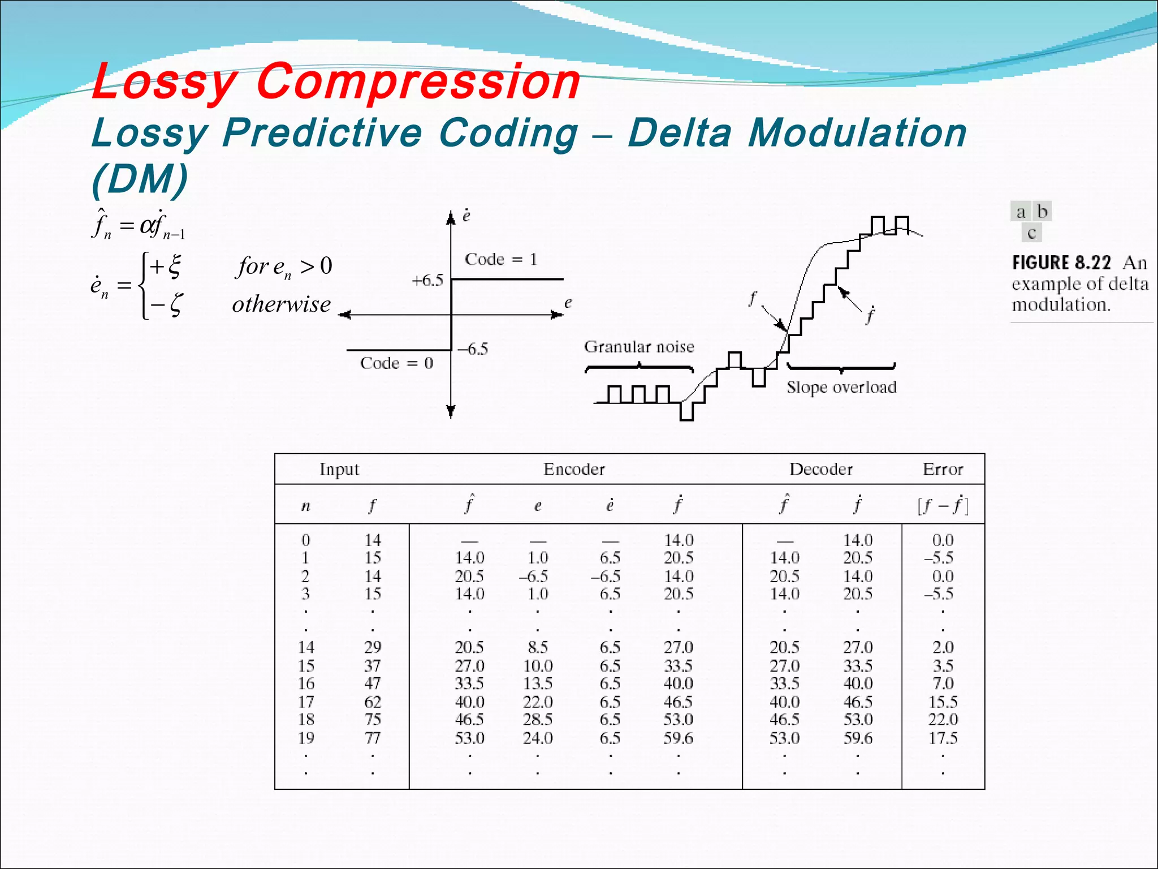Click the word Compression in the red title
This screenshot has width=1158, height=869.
[x=418, y=82]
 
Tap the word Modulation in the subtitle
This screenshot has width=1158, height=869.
[x=857, y=134]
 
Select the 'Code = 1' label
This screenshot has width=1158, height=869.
[x=500, y=259]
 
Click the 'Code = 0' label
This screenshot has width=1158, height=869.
[x=396, y=363]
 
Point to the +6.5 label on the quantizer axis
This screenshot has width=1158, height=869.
[x=427, y=280]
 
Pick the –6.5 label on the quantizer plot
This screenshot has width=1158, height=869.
[x=473, y=349]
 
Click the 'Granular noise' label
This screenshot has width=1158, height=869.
[x=639, y=346]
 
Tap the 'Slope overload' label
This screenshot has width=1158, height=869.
[x=841, y=387]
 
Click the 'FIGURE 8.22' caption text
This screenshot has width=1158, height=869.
[x=1061, y=263]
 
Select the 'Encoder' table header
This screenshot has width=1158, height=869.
[x=574, y=469]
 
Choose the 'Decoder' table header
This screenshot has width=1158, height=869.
[x=821, y=469]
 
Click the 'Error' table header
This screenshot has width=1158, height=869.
[x=943, y=469]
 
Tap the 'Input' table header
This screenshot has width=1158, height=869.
[x=339, y=469]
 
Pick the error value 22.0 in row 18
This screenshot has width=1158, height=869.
[x=943, y=720]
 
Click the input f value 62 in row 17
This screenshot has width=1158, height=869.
[x=372, y=702]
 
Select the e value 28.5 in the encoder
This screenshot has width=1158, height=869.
[x=537, y=720]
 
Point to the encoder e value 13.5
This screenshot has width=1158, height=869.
[x=537, y=683]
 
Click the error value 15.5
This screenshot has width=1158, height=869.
[x=943, y=702]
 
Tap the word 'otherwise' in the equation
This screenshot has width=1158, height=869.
[x=281, y=304]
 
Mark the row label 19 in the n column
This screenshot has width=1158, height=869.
[x=306, y=738]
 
